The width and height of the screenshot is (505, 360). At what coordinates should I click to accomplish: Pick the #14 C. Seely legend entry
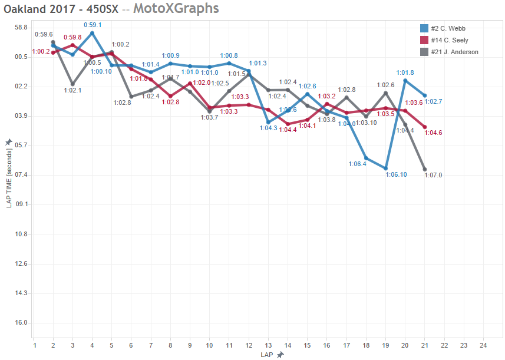coord(450,40)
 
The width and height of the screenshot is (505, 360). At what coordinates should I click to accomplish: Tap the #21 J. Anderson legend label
coord(454,52)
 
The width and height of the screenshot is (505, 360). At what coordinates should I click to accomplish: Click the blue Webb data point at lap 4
coord(92,33)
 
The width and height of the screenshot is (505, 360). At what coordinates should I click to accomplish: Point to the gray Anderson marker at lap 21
coord(425,170)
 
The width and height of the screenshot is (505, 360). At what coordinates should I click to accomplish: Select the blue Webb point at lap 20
coord(405,81)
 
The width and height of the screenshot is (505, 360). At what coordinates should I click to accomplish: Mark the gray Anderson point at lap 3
coord(72,84)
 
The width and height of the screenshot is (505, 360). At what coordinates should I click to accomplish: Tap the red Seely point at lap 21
coord(425,127)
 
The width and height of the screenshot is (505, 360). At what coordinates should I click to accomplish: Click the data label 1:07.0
coord(433,175)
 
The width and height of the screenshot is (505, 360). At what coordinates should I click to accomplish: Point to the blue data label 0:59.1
coord(93,25)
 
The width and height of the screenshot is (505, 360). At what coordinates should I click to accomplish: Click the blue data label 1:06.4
coord(357,164)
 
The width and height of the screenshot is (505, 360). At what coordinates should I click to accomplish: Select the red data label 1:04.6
coord(433,133)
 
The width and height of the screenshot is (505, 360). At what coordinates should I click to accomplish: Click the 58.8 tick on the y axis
coord(21,28)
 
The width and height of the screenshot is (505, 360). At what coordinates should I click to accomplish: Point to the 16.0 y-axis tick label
coord(21,323)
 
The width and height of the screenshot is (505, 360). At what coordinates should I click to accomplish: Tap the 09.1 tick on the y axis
coord(21,204)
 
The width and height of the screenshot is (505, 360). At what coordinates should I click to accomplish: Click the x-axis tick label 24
coord(483,345)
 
